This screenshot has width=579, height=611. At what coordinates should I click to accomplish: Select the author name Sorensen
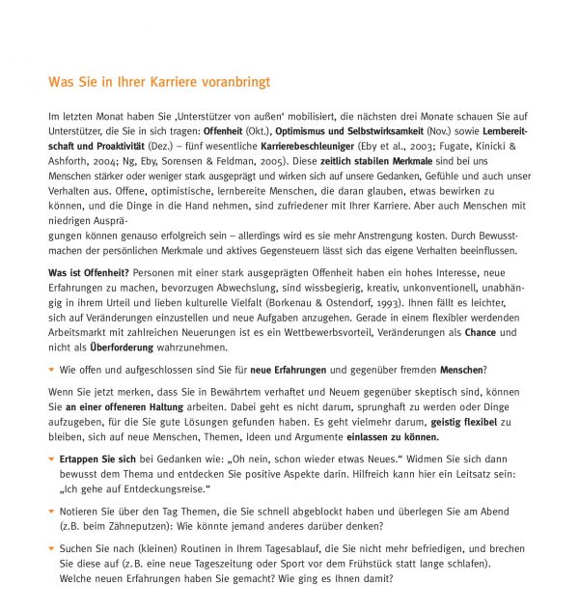[186, 162]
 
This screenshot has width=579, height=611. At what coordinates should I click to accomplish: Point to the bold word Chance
[479, 332]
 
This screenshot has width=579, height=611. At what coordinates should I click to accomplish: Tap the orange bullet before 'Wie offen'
[51, 369]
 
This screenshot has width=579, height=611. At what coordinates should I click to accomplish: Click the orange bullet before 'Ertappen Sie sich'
[51, 458]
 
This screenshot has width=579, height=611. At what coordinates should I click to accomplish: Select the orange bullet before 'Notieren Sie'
[51, 512]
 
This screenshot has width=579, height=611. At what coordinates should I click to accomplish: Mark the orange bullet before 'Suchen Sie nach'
[51, 548]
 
